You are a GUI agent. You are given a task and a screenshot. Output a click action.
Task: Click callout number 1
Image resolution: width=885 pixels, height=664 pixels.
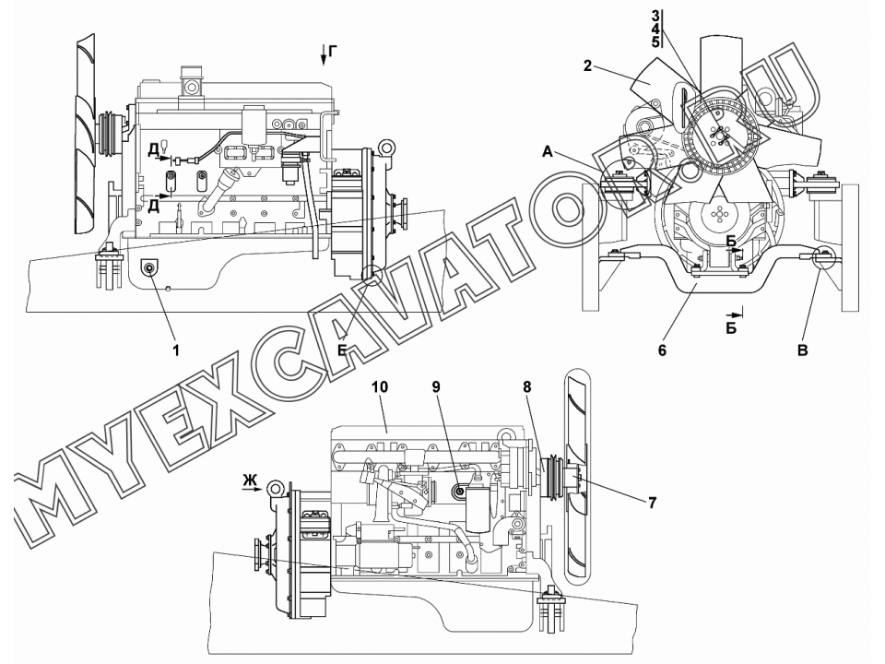pyautogui.click(x=176, y=350)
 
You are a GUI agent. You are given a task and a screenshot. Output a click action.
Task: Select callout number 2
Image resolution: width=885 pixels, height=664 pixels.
pyautogui.click(x=587, y=66)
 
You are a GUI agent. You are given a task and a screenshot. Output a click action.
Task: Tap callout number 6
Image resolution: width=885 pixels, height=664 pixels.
pyautogui.click(x=662, y=350)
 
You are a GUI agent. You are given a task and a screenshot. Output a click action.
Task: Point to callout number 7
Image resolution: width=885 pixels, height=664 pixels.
pyautogui.click(x=653, y=502)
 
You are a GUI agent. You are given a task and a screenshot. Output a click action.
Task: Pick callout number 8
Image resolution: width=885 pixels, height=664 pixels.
pyautogui.click(x=527, y=387)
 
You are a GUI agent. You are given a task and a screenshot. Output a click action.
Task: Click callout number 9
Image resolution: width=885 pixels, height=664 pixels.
pyautogui.click(x=436, y=387)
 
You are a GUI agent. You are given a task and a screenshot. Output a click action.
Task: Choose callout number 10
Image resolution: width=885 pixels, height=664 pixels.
pyautogui.click(x=381, y=387)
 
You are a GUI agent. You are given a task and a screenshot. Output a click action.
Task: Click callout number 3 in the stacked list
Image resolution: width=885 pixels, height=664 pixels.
pyautogui.click(x=655, y=17)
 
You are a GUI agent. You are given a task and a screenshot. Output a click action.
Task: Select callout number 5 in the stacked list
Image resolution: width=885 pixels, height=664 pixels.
pyautogui.click(x=655, y=41)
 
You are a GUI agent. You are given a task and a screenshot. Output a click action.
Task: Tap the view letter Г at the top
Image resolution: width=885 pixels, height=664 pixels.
pyautogui.click(x=333, y=53)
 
